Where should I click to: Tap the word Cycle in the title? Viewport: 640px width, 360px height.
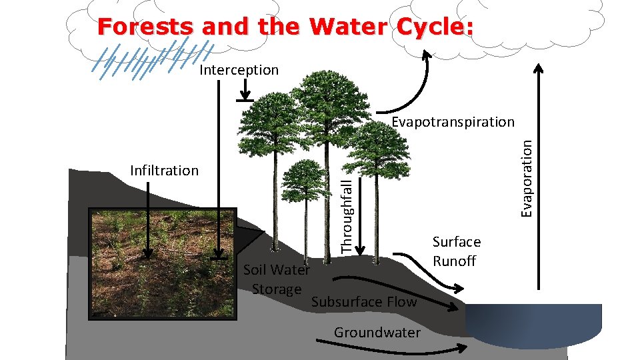[x=431, y=27]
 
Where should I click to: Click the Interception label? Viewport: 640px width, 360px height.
[x=239, y=70]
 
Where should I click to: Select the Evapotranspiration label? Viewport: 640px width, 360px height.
[x=453, y=122]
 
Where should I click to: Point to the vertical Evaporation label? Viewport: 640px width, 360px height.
[x=527, y=177]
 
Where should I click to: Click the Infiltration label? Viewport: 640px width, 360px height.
[x=164, y=171]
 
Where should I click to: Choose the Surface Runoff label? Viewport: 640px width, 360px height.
[x=456, y=251]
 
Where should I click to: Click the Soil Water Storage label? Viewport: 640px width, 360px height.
[x=277, y=279]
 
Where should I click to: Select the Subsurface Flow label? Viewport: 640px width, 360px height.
[x=364, y=302]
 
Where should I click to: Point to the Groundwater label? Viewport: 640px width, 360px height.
[x=377, y=333]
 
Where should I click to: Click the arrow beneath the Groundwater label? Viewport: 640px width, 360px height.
[x=387, y=348]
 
